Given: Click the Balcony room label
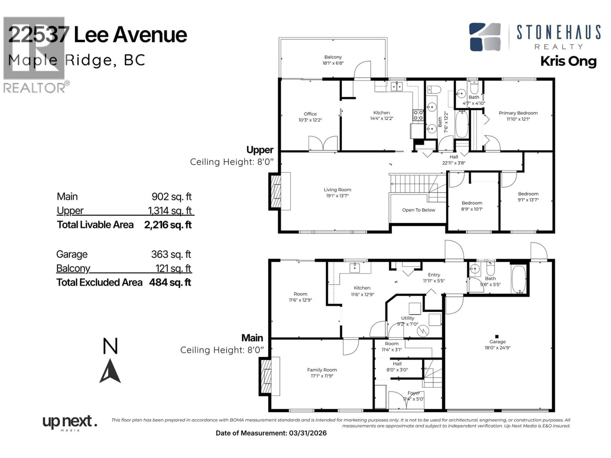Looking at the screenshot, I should click(x=333, y=57).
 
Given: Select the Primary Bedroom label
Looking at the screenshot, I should click(x=518, y=113).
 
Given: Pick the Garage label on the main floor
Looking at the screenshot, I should click(x=497, y=341).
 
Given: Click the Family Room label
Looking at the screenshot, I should click(x=322, y=370).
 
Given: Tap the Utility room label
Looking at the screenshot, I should click(x=407, y=318).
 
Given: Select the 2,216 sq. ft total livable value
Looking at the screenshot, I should click(x=168, y=225).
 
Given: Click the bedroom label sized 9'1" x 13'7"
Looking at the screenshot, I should click(x=528, y=194).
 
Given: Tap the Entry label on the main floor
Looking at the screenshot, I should click(x=434, y=275).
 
